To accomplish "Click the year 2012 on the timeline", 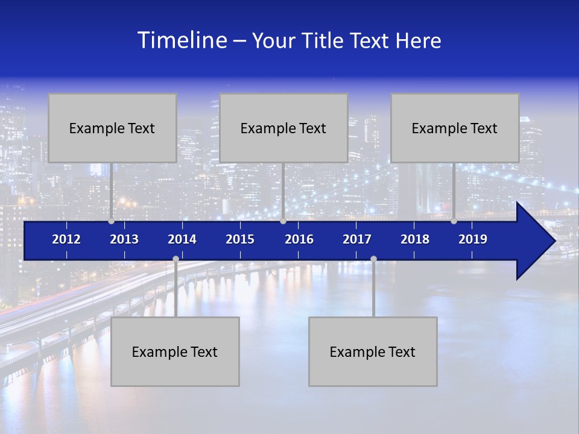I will tap(66, 239).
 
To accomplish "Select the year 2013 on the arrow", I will tap(124, 239).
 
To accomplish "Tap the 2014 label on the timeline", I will tap(182, 239).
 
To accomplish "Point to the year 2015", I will tap(240, 239).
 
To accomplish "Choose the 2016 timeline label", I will tap(299, 239).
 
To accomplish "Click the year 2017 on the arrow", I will tap(357, 239).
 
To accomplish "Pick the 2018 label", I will tap(415, 239).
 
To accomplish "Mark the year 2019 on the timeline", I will tap(473, 239).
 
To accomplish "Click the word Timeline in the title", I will tap(181, 40).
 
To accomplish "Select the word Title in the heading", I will tap(325, 41).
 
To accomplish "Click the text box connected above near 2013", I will tap(112, 128).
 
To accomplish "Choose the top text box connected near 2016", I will tap(283, 128).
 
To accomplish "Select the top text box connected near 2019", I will tap(455, 128).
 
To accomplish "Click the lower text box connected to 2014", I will tap(175, 351).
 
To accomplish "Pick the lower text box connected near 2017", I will tap(373, 351).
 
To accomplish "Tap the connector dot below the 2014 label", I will tap(176, 259).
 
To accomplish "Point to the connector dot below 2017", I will tap(373, 259).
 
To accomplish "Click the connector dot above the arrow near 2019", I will tap(454, 221).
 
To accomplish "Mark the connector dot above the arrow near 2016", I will tap(283, 221).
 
